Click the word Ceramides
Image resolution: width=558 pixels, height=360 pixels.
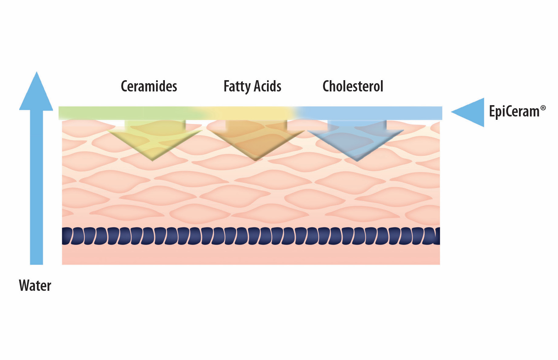click(x=149, y=86)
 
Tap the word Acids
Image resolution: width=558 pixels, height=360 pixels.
click(x=268, y=86)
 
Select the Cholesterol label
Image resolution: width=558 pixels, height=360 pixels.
click(x=353, y=86)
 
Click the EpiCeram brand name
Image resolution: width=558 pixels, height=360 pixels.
click(x=514, y=112)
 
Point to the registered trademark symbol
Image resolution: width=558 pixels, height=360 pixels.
click(x=543, y=108)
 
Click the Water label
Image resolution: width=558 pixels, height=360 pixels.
click(x=35, y=286)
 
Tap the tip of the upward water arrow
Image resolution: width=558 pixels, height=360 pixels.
click(x=37, y=72)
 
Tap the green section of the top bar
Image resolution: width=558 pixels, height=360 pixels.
click(x=128, y=113)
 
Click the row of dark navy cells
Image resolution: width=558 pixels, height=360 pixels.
click(x=251, y=236)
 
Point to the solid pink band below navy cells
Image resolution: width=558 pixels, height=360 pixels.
click(x=251, y=255)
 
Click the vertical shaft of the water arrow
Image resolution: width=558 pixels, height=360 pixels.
click(x=37, y=187)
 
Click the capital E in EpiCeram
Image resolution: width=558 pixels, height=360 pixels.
click(x=492, y=111)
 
